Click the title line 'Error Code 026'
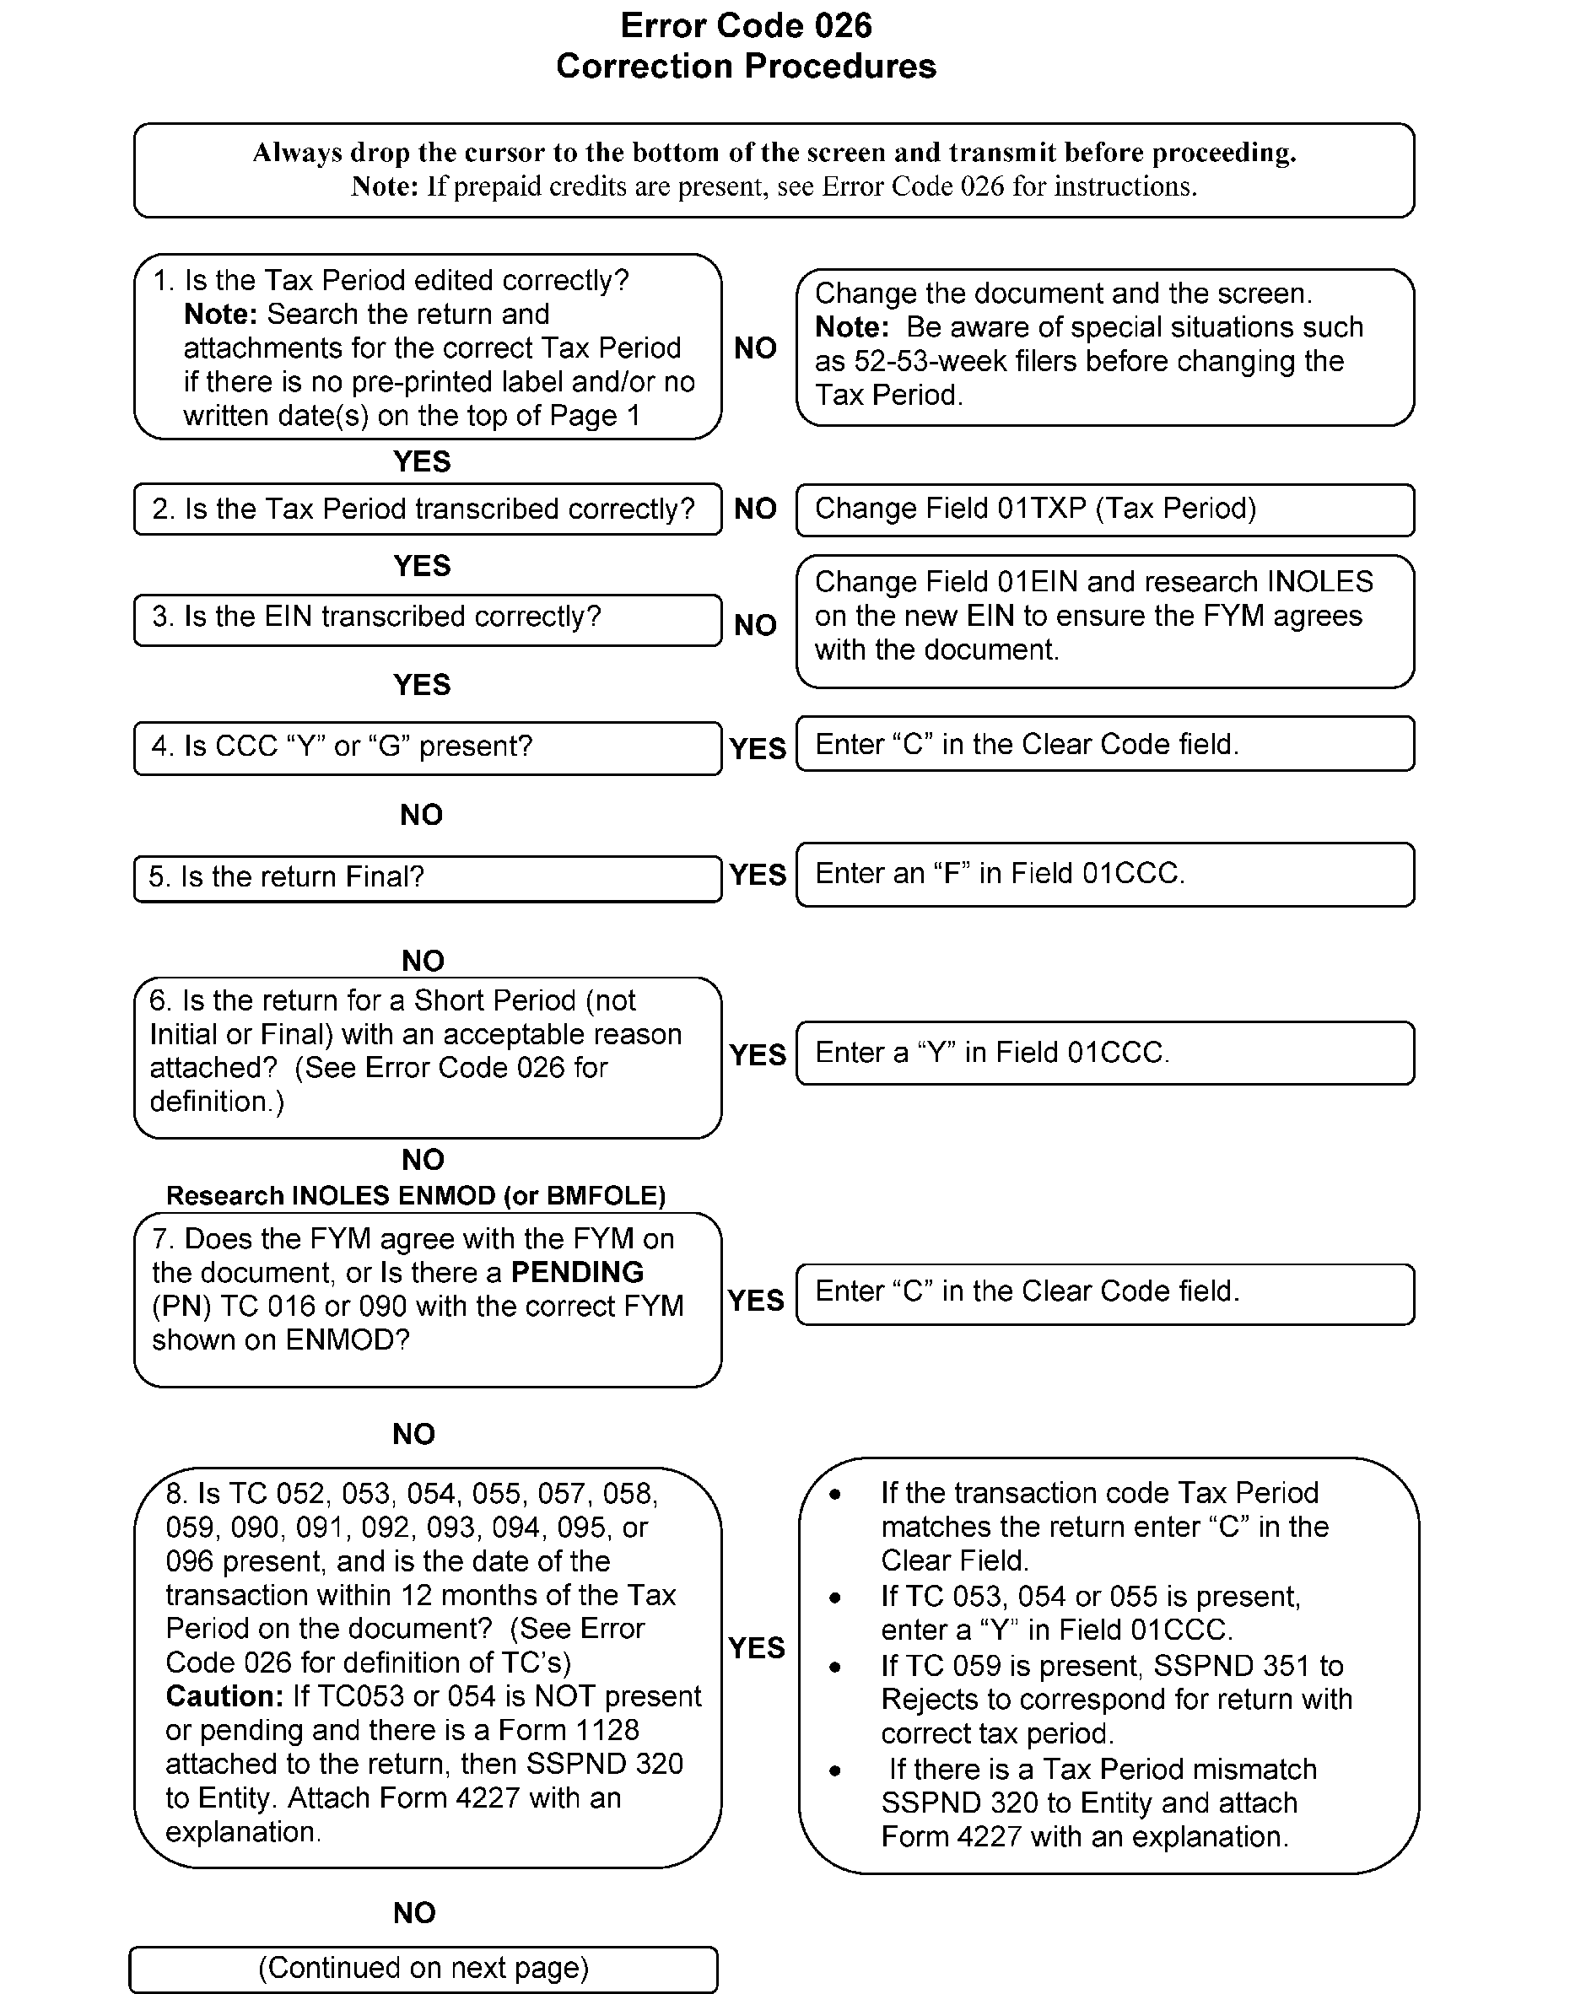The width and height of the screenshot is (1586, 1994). (x=746, y=25)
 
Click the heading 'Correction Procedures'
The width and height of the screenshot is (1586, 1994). (x=746, y=66)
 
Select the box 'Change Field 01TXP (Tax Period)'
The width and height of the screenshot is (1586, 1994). (x=1104, y=509)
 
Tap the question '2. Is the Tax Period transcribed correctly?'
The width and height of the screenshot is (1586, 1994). (x=427, y=509)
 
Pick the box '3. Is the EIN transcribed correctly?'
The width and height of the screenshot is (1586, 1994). (x=427, y=617)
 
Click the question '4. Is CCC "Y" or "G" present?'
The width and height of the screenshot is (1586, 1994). (x=427, y=746)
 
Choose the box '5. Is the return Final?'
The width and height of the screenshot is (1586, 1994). (x=427, y=876)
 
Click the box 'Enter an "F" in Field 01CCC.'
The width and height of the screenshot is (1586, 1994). (x=1104, y=874)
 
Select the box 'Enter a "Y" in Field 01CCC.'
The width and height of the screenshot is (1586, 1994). (x=1104, y=1053)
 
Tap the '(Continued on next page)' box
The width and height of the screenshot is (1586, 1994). (x=423, y=1967)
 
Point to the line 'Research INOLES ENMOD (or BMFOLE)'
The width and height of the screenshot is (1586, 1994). (x=415, y=1196)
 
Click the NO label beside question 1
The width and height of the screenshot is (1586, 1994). (x=756, y=348)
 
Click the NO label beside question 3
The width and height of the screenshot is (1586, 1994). (x=756, y=625)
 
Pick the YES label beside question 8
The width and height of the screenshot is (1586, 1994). (x=756, y=1647)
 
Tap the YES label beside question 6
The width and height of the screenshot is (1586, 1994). (x=758, y=1054)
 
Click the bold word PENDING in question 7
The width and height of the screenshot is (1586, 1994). (x=577, y=1273)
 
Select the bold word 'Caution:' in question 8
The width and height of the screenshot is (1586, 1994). (x=224, y=1696)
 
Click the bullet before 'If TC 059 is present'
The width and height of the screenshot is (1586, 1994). (x=835, y=1668)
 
